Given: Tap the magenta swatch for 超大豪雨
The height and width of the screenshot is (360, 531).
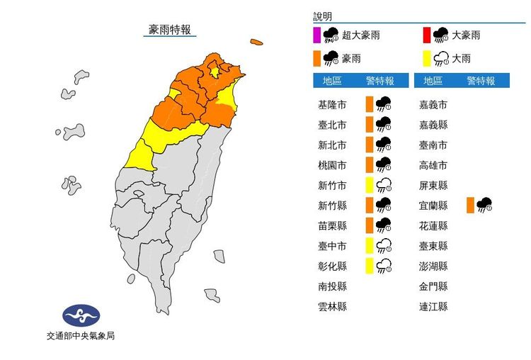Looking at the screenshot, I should coord(316,35).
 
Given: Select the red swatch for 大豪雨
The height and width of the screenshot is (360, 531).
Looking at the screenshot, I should coord(426,35).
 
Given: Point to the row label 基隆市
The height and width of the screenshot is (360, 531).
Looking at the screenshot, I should coord(333,105).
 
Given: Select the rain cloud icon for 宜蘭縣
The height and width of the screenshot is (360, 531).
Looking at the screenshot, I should coord(484,206).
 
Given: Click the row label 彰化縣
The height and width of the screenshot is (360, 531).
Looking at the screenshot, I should coord(333,266).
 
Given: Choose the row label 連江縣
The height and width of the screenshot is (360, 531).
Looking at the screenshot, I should coord(433,307).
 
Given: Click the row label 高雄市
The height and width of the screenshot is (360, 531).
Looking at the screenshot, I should coord(433,165).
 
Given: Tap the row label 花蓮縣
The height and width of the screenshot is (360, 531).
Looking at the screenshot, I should coord(433,226).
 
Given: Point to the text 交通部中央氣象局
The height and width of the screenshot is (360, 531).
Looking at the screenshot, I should coord(81,337).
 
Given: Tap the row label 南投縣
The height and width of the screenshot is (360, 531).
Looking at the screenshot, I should coord(333,287).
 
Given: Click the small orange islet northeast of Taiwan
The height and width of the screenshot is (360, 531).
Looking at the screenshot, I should coord(256,43).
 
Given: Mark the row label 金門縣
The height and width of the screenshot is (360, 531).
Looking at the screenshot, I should coord(433,287).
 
